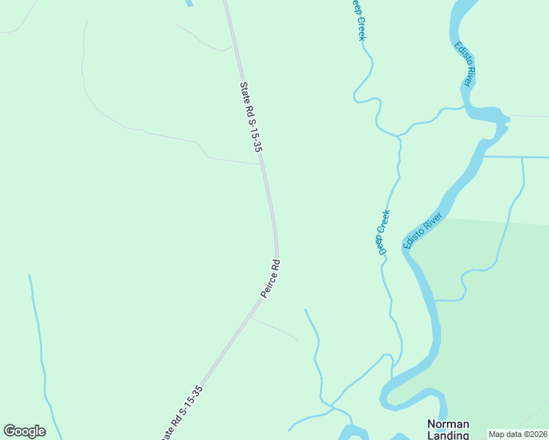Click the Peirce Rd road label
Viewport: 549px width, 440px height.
click(271, 278)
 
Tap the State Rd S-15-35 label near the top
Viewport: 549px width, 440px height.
click(251, 116)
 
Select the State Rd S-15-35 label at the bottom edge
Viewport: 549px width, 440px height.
click(181, 412)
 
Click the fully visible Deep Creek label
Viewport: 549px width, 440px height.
click(383, 232)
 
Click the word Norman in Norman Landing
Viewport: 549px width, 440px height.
click(448, 425)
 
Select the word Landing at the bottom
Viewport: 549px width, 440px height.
click(448, 435)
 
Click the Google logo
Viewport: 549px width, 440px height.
click(24, 431)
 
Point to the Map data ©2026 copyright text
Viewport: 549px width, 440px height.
click(517, 434)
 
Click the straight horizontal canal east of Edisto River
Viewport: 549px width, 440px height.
click(517, 157)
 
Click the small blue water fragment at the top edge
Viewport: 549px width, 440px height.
click(189, 3)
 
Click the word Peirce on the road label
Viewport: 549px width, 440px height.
click(267, 284)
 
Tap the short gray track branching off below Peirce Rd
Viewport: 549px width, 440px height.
click(273, 328)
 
